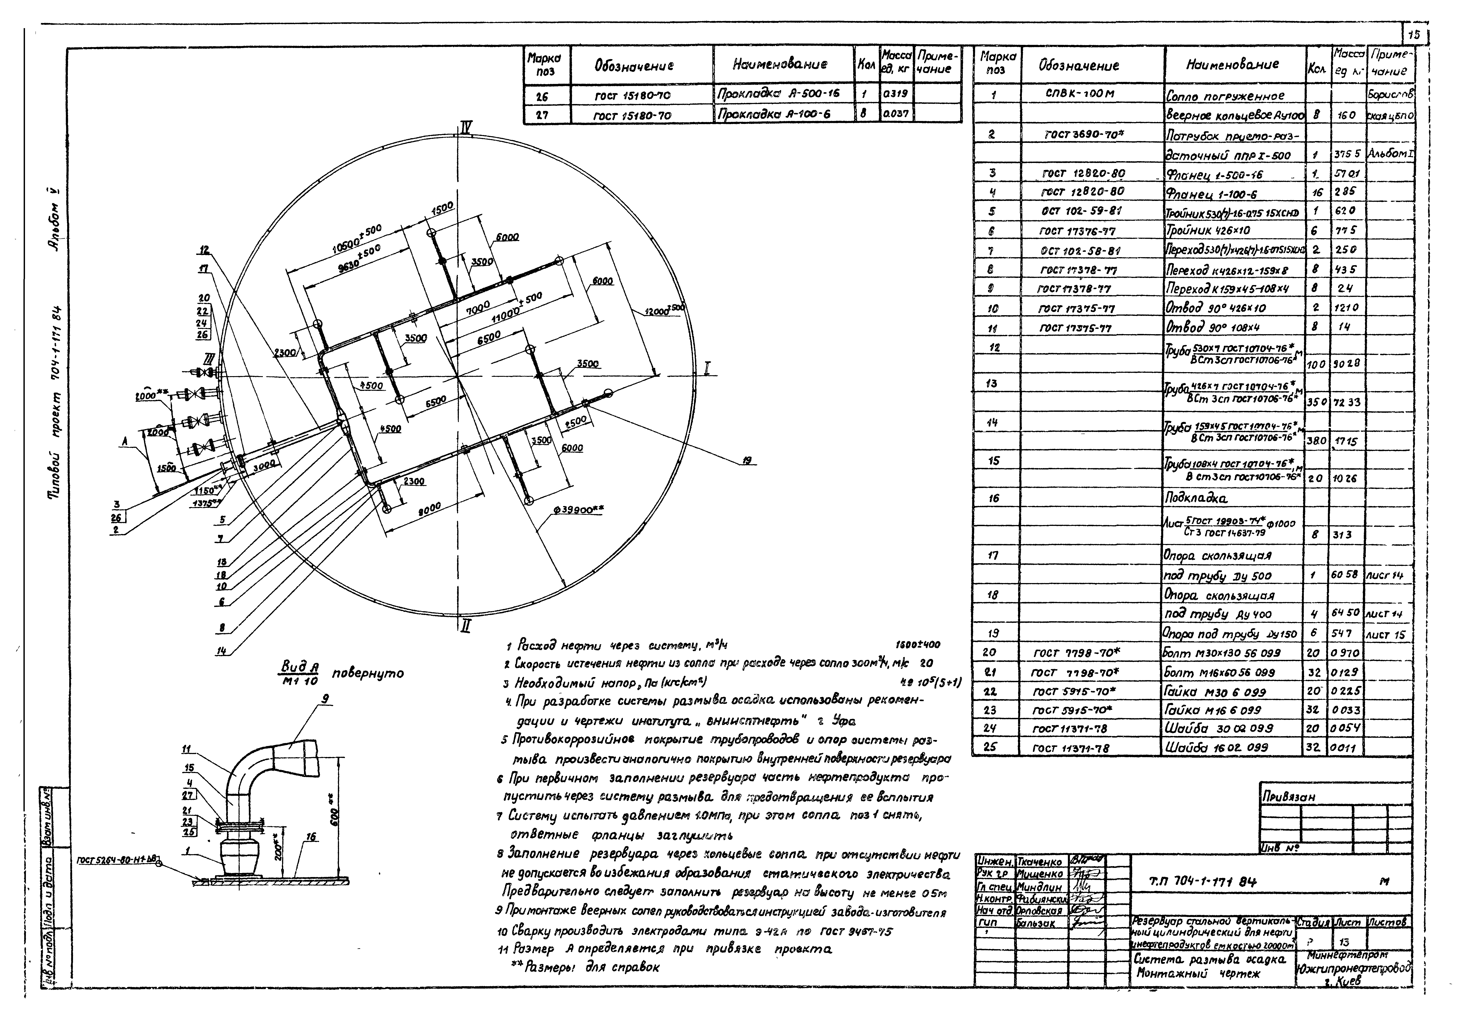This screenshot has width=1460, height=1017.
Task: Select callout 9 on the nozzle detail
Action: [326, 699]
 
